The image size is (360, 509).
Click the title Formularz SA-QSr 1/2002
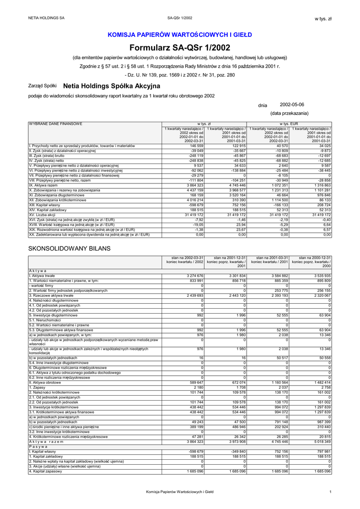tap(180, 48)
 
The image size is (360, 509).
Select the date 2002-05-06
tap(292, 104)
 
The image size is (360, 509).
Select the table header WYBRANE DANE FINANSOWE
tap(56, 123)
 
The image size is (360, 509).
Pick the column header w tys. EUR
tap(289, 123)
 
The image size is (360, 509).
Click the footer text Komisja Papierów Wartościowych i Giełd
tap(180, 492)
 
